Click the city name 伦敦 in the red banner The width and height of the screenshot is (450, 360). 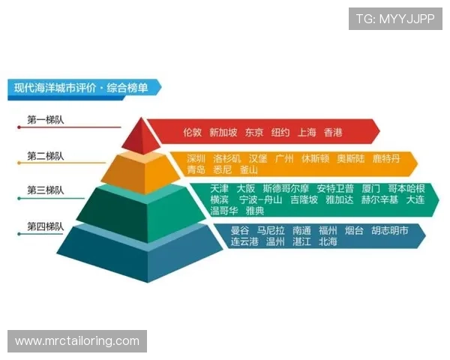point(193,133)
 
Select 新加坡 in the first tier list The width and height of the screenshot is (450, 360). point(223,133)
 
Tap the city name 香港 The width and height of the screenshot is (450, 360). point(333,133)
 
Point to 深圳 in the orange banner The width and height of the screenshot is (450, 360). point(196,159)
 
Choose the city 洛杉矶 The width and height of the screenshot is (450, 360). point(227,159)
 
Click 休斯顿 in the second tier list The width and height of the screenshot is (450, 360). point(315,159)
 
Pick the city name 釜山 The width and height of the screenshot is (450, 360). point(249,170)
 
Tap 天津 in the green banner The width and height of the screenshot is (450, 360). point(220,189)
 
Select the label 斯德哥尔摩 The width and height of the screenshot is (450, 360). point(286,189)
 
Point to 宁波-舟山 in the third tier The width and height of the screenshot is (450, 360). point(260,200)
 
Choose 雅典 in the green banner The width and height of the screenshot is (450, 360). point(254,211)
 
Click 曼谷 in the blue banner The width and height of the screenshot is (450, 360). point(240,231)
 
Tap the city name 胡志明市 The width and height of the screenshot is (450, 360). point(390,231)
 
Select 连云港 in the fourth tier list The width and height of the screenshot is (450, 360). point(244,242)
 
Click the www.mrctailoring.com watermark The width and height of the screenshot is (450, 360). point(77,341)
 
